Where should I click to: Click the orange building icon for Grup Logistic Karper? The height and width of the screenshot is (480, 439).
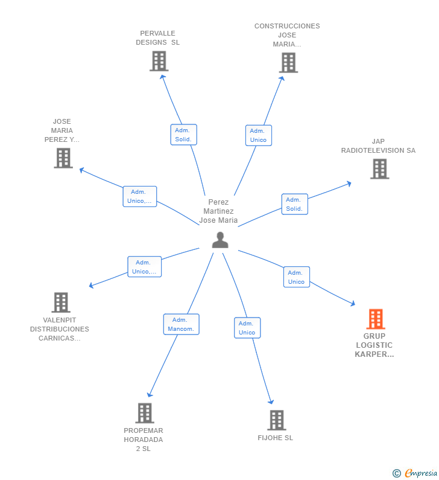coord(375,319)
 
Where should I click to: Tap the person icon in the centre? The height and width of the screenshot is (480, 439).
coord(220,240)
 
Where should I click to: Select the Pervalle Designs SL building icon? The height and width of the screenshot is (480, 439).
coord(159,61)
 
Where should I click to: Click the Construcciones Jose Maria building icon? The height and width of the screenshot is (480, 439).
coord(288,62)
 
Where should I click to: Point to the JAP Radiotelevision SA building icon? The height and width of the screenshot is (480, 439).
coord(379,168)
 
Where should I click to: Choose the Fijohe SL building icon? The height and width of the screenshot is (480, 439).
coord(276,420)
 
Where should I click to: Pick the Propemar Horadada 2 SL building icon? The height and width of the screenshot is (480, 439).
coord(144,413)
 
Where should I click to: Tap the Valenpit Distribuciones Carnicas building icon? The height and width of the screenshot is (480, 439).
coord(60,302)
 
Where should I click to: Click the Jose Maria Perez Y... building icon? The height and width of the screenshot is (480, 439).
coord(63,158)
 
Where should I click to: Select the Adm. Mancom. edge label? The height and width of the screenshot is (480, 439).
coord(181,324)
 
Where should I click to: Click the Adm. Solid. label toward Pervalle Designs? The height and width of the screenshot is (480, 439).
coord(183,135)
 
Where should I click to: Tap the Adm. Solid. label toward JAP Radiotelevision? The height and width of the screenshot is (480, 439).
coord(294,204)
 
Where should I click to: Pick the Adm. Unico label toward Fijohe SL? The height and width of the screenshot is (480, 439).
coord(247,328)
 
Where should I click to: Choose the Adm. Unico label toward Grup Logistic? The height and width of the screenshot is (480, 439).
coord(296,277)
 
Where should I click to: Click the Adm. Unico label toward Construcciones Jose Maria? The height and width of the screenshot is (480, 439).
coord(258,135)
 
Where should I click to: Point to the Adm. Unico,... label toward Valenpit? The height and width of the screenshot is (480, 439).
coord(144,267)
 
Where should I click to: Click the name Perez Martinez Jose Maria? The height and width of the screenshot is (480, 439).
coord(219,211)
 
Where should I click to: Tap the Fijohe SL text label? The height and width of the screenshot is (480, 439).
coord(275,438)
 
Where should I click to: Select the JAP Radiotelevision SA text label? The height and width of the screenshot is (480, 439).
coord(378,146)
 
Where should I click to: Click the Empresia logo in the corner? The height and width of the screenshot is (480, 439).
coord(415,473)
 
